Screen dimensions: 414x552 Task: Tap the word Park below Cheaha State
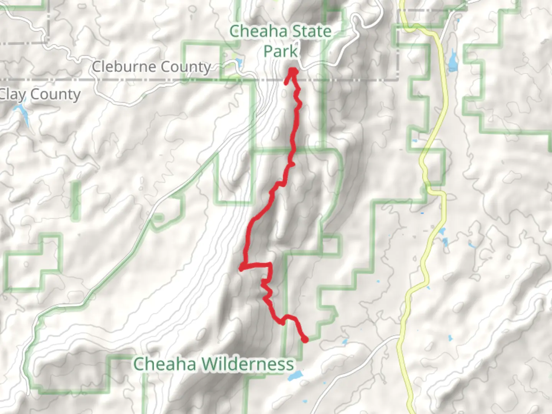click(281, 51)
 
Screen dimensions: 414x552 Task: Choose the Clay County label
click(40, 94)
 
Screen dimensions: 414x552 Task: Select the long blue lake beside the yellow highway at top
click(453, 60)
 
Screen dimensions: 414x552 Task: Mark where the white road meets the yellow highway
click(399, 337)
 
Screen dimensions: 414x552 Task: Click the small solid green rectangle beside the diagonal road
click(158, 218)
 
